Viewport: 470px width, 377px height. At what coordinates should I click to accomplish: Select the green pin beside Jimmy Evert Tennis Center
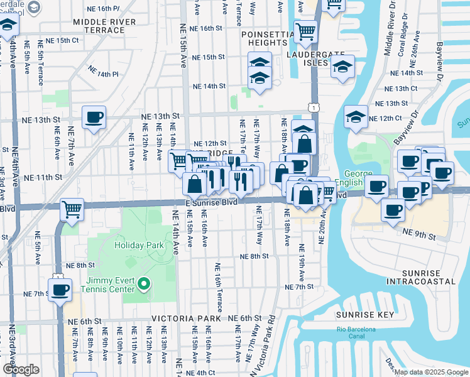[x=144, y=285]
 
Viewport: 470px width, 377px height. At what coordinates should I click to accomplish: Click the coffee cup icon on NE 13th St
[x=94, y=117]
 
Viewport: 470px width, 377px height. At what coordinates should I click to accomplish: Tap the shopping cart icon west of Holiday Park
[x=72, y=209]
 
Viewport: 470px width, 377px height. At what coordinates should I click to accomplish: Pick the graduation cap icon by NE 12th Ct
[x=356, y=117]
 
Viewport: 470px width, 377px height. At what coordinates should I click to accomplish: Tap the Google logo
[x=20, y=369]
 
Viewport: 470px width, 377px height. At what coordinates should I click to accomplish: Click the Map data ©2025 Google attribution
[x=431, y=372]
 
